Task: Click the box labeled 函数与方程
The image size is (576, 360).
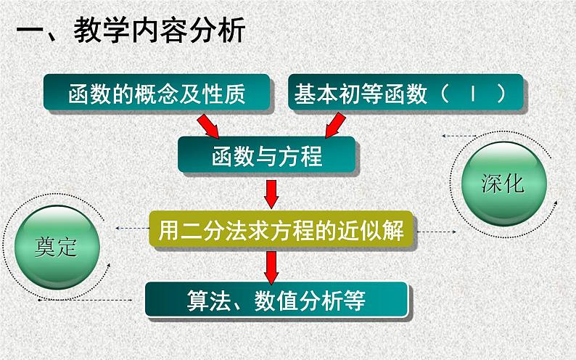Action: tap(268, 155)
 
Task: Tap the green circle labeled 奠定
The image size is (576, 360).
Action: tap(56, 247)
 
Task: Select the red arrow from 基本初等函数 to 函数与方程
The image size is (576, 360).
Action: tap(334, 125)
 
